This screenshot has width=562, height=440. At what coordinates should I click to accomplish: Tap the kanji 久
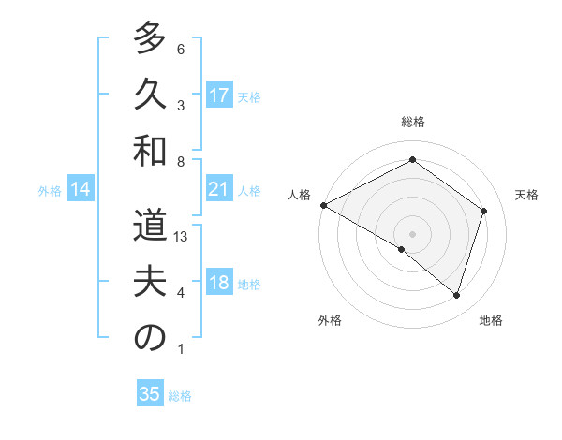tap(150, 95)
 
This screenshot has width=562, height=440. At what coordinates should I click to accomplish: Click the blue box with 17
tap(219, 95)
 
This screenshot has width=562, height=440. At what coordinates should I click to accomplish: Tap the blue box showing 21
tap(219, 190)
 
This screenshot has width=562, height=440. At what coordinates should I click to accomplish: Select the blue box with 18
tap(219, 284)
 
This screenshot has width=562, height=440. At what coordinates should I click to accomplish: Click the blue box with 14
tap(81, 190)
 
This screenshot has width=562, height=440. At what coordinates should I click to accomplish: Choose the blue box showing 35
tap(150, 394)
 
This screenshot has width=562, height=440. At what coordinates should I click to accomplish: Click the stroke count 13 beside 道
tap(182, 238)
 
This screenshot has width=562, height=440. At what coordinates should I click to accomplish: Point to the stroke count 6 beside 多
tap(181, 49)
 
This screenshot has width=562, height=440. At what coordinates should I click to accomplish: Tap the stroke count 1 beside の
tap(181, 349)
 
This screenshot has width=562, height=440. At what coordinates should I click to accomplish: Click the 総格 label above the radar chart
tap(412, 122)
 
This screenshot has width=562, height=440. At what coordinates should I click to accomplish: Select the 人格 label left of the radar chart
tap(300, 195)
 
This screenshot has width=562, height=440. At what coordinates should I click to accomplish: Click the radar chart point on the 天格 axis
tap(483, 211)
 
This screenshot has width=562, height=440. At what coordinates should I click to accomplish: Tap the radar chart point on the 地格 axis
tap(456, 295)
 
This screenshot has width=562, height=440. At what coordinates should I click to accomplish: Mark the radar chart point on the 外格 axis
tap(402, 249)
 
